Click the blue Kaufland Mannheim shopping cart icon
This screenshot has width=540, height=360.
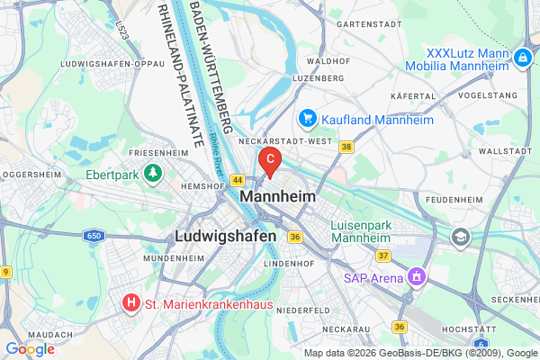pos(307,119)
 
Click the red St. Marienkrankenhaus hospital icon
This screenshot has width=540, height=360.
pos(132,304)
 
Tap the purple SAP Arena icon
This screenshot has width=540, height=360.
pos(415,275)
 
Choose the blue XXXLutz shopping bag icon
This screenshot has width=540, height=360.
pos(523,58)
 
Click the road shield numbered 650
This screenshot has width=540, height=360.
pos(95,236)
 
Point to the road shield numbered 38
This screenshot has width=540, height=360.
pos(346,147)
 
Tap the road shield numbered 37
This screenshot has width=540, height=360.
pos(382,256)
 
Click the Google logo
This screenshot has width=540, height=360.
pos(30,348)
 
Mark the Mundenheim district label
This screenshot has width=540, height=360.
pos(168,257)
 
